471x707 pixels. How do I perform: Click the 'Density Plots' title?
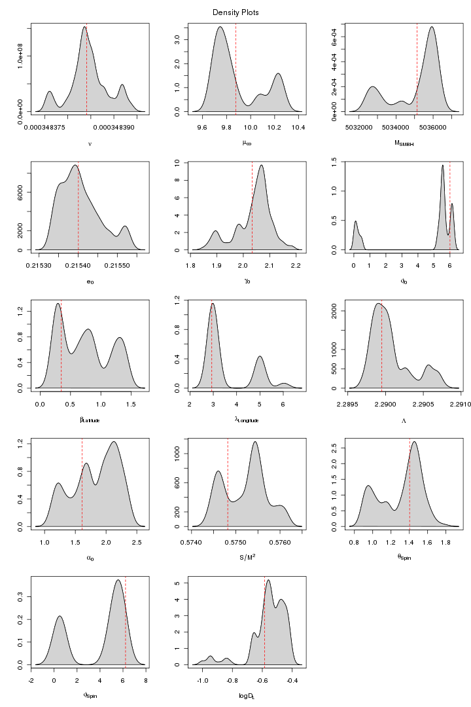tap(235, 12)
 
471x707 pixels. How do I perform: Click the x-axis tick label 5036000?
tap(432, 128)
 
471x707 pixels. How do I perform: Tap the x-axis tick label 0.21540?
tap(78, 265)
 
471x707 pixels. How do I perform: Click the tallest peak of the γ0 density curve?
tap(262, 165)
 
